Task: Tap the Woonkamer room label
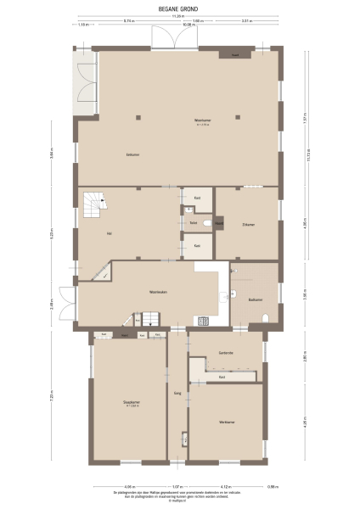pos(202,120)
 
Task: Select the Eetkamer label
pos(133,154)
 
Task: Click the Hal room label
pos(109,232)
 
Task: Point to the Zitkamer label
pos(248,225)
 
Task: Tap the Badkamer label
pos(255,299)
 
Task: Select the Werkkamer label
pos(225,422)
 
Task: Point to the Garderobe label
pos(226,352)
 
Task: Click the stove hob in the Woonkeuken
pos(203,320)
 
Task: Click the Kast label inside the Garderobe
pos(222,377)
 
